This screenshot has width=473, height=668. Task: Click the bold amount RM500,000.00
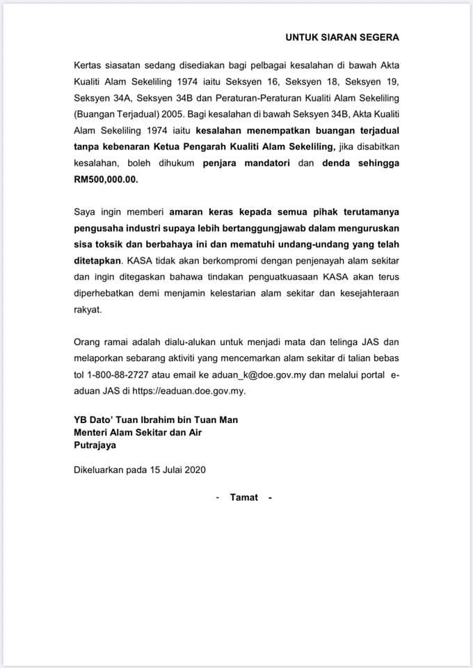point(106,178)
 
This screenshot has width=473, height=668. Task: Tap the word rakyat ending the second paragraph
point(88,311)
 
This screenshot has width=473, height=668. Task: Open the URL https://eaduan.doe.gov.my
point(188,391)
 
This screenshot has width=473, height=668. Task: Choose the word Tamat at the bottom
point(243,497)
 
